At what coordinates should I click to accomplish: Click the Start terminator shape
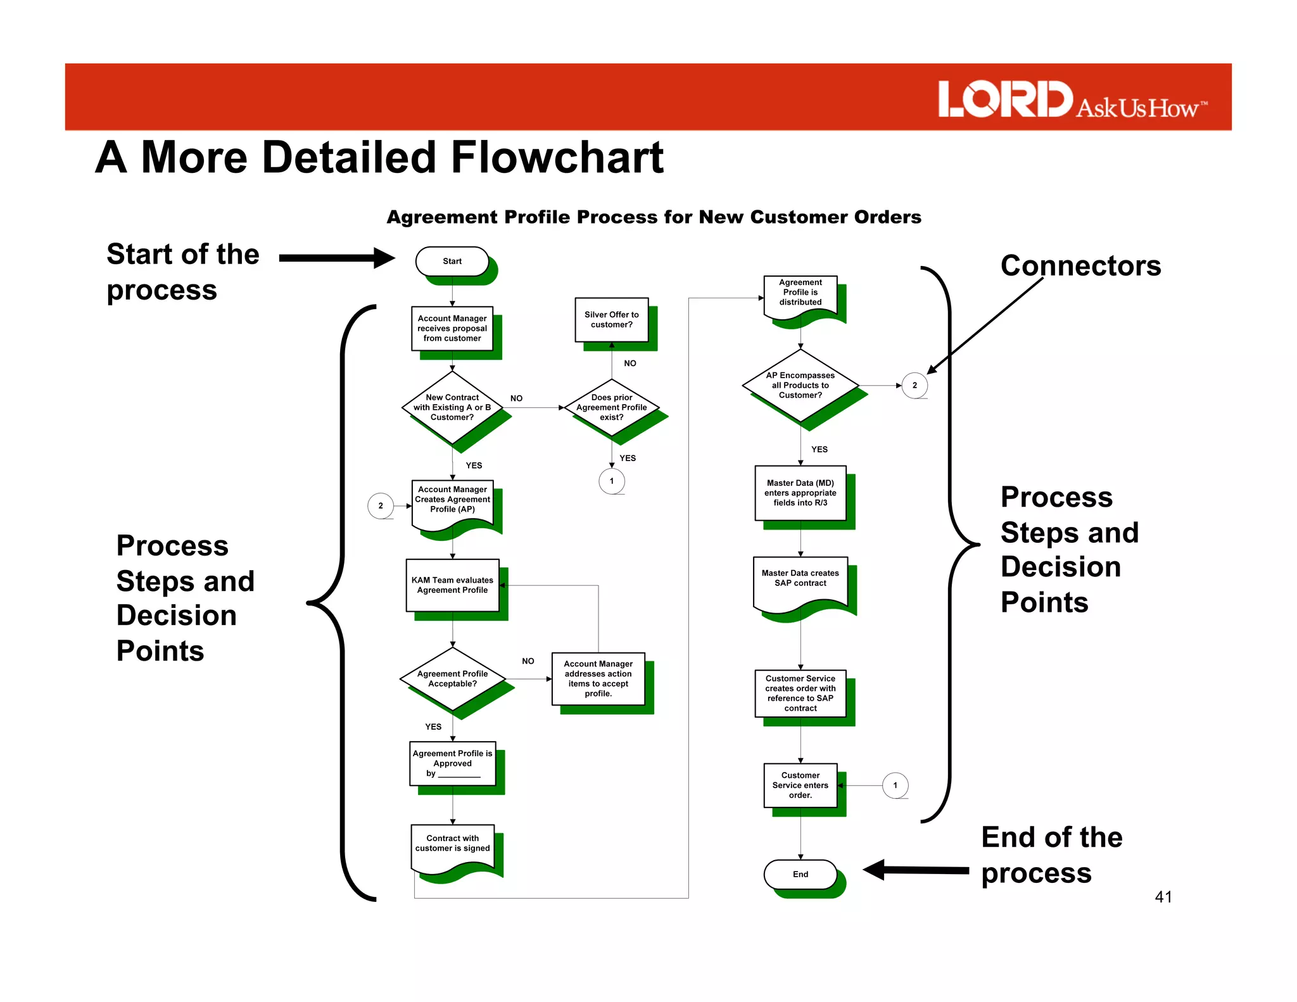[x=452, y=261]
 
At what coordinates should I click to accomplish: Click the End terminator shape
[x=800, y=874]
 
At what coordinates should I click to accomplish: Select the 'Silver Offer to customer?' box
[x=612, y=320]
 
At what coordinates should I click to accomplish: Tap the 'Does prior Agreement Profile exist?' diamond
[x=612, y=407]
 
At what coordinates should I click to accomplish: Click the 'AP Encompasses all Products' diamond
[x=800, y=385]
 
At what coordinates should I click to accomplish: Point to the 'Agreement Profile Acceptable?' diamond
[x=452, y=679]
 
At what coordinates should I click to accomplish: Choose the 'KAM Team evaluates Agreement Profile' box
[x=452, y=585]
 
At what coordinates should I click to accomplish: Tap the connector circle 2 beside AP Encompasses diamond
[x=914, y=385]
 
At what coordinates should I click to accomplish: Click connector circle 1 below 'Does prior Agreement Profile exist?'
[x=612, y=481]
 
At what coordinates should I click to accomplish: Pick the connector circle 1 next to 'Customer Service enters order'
[x=895, y=785]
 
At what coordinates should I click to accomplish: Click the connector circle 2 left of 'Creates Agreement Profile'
[x=381, y=505]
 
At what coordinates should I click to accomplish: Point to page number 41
[x=1163, y=897]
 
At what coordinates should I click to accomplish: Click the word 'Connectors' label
[x=1080, y=265]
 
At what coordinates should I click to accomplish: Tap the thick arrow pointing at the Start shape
[x=336, y=258]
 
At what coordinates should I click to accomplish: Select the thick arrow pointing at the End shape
[x=916, y=870]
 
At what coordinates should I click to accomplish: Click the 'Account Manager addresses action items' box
[x=598, y=679]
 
